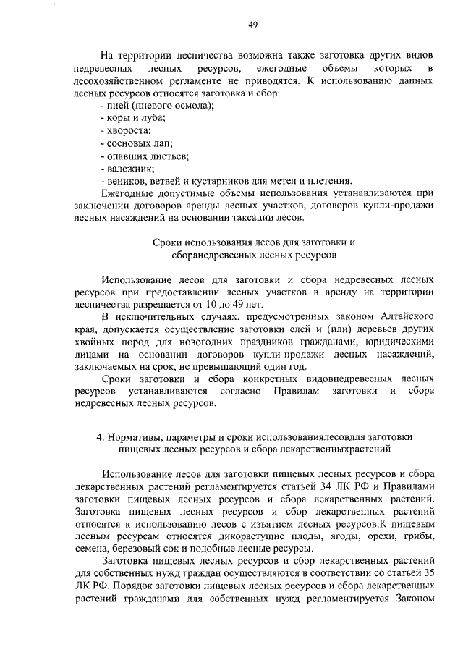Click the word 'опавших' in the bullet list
click(124, 156)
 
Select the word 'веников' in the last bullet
click(124, 180)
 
